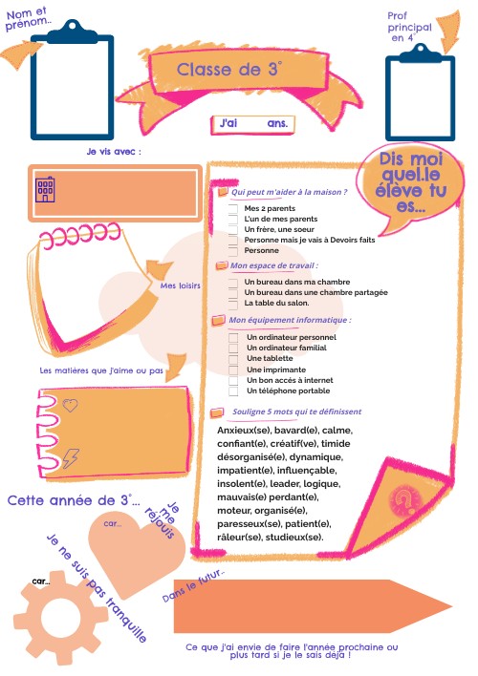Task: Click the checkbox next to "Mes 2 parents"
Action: tap(232, 207)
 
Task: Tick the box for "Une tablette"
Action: tap(233, 358)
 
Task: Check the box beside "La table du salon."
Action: tap(232, 303)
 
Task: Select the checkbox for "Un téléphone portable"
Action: tap(233, 391)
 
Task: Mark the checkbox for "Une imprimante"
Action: tap(233, 369)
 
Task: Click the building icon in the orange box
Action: tap(45, 189)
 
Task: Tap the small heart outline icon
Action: tap(69, 405)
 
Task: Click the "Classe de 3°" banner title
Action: tap(229, 70)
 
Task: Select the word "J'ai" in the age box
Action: tap(228, 124)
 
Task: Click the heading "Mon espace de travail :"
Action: tap(273, 265)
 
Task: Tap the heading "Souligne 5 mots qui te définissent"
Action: tap(296, 412)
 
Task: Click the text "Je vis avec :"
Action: tap(114, 151)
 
